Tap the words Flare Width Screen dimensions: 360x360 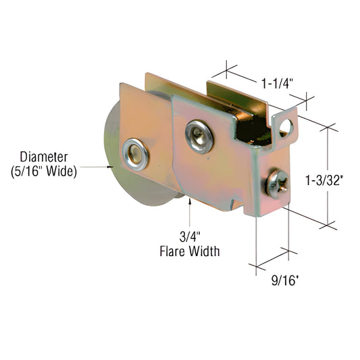tap(190, 253)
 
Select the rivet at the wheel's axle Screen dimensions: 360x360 tap(135, 153)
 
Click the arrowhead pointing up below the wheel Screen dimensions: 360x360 tap(189, 204)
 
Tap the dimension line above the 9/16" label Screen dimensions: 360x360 tap(272, 260)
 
